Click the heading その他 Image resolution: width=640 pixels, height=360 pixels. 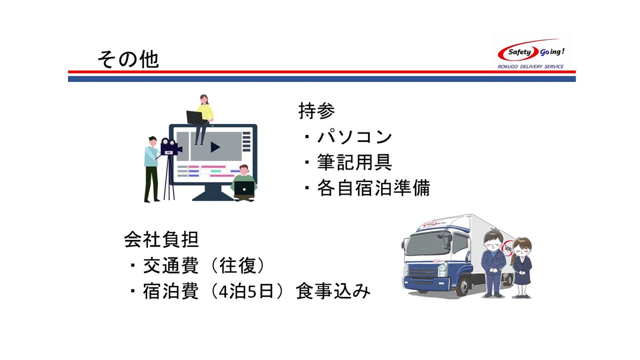click(x=128, y=59)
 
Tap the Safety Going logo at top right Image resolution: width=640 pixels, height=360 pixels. click(x=531, y=51)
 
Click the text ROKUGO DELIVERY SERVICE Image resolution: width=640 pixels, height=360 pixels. click(x=530, y=66)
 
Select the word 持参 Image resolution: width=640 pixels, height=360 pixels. click(x=316, y=111)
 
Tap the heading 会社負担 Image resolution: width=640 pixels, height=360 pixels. click(x=161, y=239)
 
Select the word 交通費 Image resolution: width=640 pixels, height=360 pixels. click(x=171, y=265)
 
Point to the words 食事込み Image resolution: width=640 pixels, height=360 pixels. click(x=333, y=291)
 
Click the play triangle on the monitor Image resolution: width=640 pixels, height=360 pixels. click(x=215, y=147)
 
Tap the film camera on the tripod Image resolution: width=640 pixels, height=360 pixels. click(x=170, y=146)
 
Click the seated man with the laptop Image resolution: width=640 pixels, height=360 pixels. click(x=243, y=183)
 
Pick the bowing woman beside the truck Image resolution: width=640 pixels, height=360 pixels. click(x=522, y=267)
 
